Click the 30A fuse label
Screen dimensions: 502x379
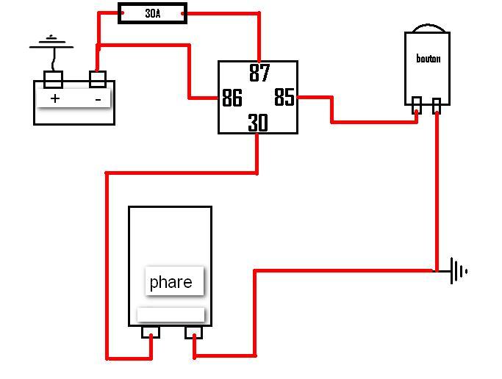point(153,13)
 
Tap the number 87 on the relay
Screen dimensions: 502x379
point(259,73)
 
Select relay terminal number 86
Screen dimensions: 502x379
point(232,98)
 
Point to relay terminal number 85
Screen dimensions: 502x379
point(284,97)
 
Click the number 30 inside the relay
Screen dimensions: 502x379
point(258,123)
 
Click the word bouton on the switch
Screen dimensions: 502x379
point(428,58)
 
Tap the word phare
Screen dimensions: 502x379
point(171,282)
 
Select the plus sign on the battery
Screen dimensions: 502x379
point(55,98)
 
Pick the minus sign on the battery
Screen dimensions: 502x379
point(98,100)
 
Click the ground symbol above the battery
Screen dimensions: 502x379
point(51,42)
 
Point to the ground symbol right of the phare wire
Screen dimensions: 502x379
point(459,271)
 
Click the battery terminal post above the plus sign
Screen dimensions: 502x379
point(53,79)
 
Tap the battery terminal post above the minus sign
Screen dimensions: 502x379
point(98,79)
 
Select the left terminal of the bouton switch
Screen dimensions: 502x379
point(417,105)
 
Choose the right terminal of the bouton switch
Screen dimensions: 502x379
point(437,106)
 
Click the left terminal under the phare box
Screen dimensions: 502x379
point(151,332)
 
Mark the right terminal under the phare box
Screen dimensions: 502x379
point(194,332)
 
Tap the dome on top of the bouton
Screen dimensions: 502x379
point(429,28)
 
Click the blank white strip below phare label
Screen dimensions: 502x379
point(171,314)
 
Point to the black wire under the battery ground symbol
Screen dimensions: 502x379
point(54,59)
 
